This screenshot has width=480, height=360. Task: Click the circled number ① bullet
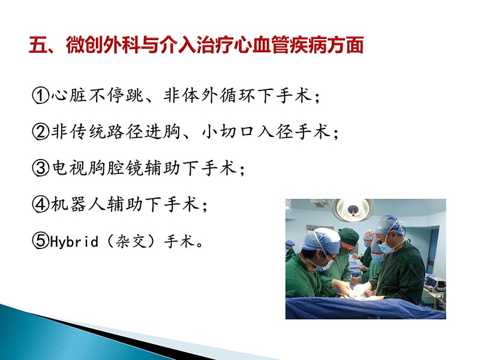pos(40,96)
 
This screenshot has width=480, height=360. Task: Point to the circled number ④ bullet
pos(40,205)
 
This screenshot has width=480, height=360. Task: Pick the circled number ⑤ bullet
pos(40,242)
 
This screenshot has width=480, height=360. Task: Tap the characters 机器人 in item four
pos(76,205)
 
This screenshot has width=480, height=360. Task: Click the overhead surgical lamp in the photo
pos(353,208)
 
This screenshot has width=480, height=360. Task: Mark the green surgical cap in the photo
pos(349,235)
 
